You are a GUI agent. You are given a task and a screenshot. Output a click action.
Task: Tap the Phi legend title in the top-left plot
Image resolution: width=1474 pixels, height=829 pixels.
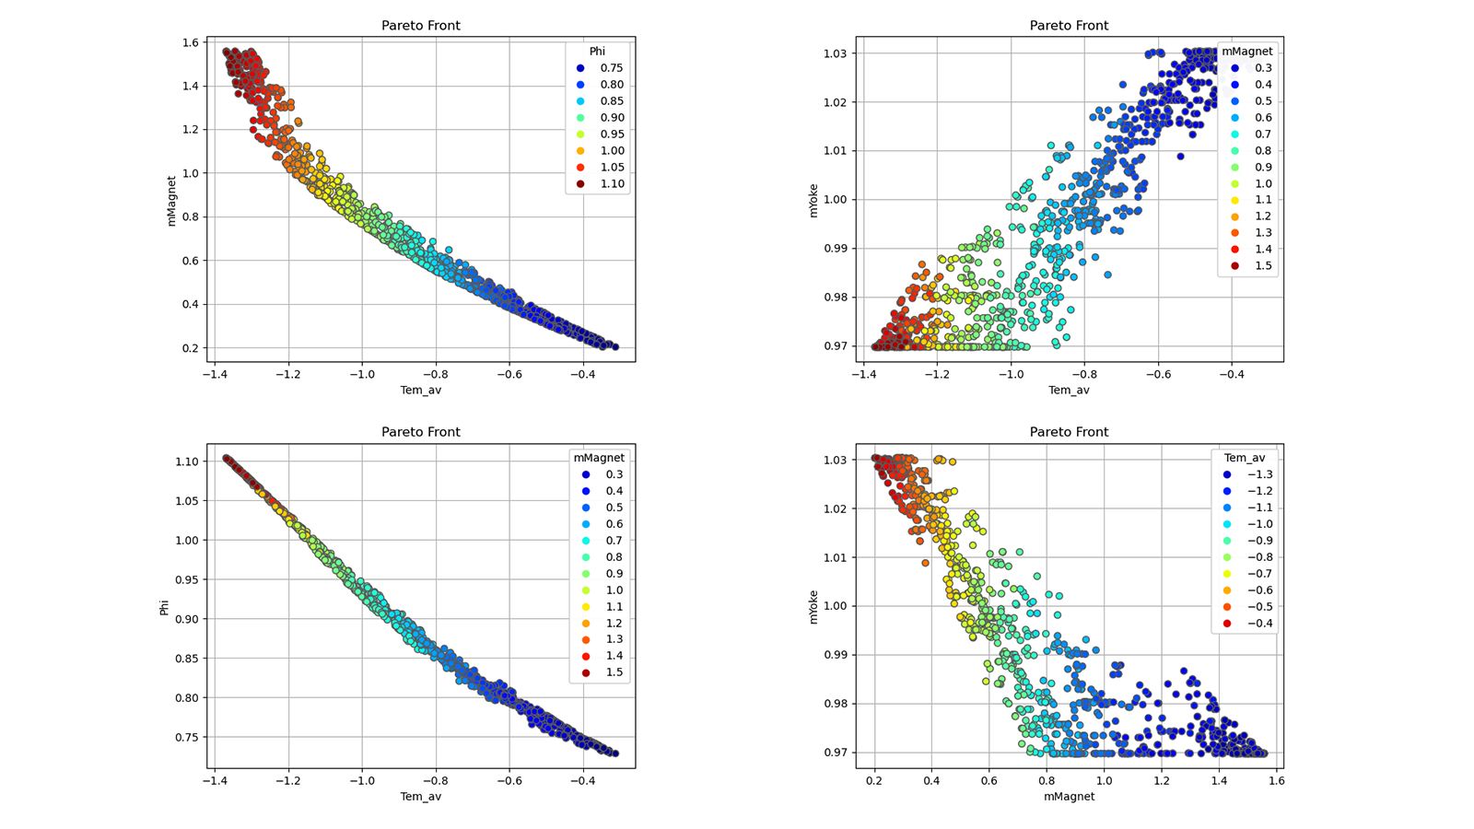coord(597,52)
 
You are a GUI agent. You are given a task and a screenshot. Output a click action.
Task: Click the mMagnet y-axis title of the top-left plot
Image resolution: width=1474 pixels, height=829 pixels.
coord(171,201)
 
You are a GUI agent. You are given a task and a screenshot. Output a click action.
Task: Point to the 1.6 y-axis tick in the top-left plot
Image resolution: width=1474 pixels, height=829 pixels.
coord(191,42)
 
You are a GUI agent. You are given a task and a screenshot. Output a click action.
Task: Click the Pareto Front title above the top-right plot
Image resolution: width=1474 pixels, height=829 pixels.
coord(1069,26)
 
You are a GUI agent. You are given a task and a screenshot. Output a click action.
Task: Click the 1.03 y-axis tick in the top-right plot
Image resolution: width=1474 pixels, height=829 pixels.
coord(836,53)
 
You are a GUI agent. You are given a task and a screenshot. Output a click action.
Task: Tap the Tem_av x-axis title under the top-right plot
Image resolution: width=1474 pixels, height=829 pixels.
coord(1069,391)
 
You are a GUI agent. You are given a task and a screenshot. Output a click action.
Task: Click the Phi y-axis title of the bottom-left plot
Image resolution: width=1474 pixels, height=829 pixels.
coord(165,607)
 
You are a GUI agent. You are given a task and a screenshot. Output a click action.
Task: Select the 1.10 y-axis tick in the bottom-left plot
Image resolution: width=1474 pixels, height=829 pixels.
coord(187,461)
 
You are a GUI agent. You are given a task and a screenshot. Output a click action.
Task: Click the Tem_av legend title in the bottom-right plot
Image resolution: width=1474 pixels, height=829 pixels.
coord(1244,458)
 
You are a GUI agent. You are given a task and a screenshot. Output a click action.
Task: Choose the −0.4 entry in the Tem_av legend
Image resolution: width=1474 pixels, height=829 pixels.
coord(1259,624)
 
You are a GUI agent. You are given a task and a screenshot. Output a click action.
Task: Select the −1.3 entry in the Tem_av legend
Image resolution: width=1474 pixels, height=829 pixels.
coord(1259,474)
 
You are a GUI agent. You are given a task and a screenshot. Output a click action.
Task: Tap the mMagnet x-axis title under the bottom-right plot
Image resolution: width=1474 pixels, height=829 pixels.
coord(1069,797)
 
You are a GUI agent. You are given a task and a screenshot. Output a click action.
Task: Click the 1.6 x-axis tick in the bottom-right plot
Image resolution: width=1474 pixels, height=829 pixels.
coord(1276,781)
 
